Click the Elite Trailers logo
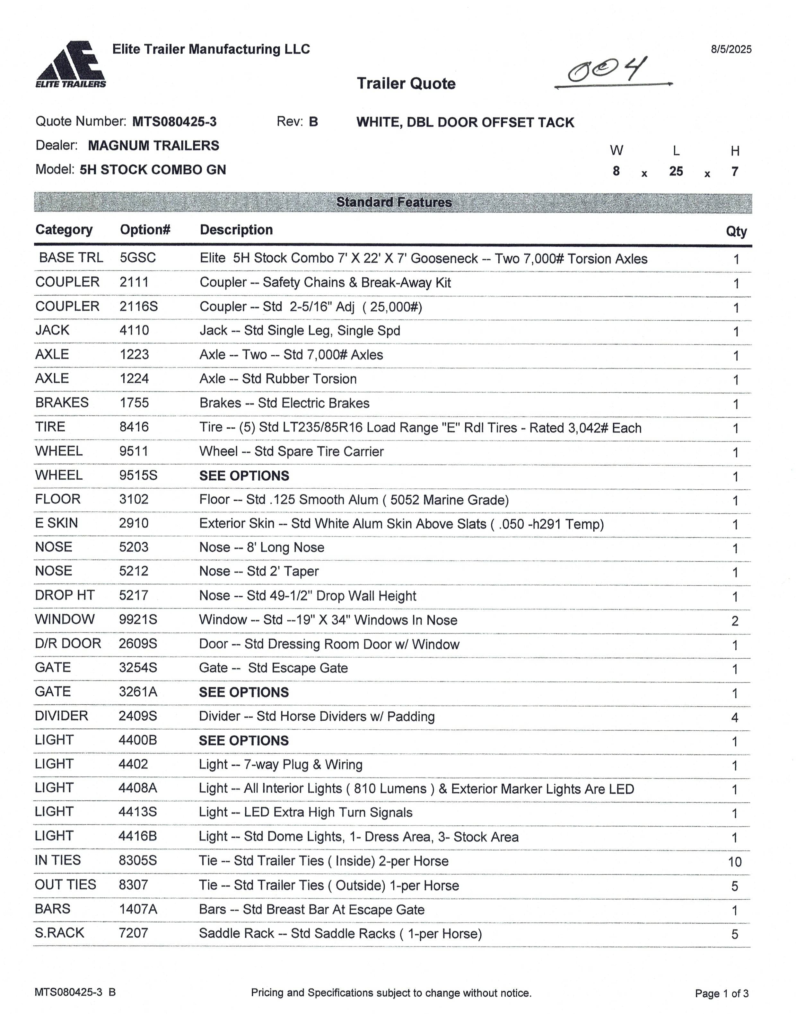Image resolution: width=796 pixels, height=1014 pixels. pos(71,65)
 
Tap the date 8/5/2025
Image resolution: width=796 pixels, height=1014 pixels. pos(731,49)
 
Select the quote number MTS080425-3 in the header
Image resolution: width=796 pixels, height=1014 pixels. pos(174,122)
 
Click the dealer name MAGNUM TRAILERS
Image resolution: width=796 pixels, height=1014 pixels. pos(153,146)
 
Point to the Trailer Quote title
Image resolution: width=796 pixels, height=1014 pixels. pos(406,84)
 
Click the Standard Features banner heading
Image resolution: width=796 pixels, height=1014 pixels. pos(394,202)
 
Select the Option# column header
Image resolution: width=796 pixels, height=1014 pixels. pos(145,229)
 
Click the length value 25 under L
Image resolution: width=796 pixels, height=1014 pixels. pos(676,172)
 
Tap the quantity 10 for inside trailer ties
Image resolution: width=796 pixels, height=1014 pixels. pos(734,862)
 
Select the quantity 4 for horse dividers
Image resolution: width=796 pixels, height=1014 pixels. pos(734,717)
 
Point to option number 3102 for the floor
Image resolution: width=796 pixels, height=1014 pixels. pos(134,499)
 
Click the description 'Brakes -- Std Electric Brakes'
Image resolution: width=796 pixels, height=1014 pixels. pos(284,403)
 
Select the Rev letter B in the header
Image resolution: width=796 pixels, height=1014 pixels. pos(313,122)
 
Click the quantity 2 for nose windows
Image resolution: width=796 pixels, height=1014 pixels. pos(734,621)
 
